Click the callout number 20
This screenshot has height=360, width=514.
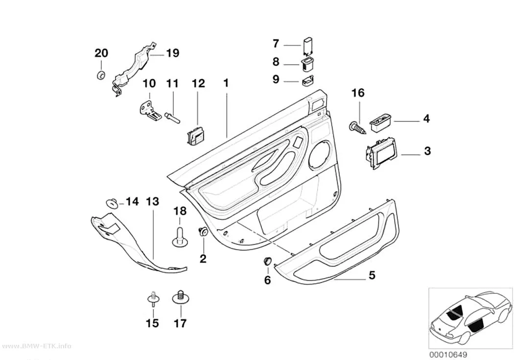[x=101, y=53]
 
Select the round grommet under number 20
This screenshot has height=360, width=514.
[x=101, y=75]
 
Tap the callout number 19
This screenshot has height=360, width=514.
[x=172, y=53]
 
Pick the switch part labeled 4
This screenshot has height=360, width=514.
[x=380, y=123]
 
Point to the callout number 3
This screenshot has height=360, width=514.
[x=427, y=151]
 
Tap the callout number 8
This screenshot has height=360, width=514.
[x=276, y=61]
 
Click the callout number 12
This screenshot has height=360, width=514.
[x=198, y=83]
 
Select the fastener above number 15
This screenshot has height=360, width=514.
[x=153, y=298]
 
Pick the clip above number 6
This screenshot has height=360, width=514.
[x=267, y=262]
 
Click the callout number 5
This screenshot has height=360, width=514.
[x=372, y=275]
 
